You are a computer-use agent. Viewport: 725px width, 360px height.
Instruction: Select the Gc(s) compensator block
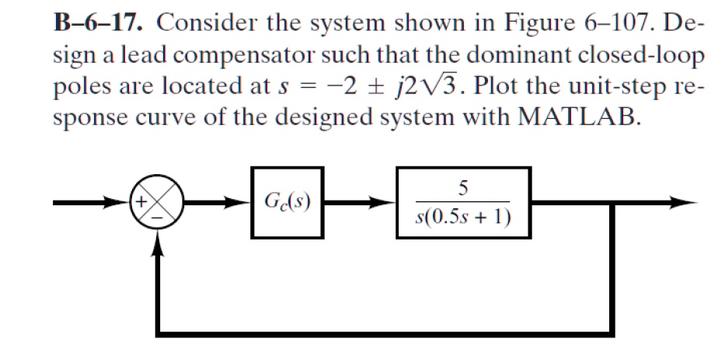(x=288, y=203)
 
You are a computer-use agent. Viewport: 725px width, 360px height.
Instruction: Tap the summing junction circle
(x=160, y=204)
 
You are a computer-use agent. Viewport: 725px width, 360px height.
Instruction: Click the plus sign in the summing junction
(x=145, y=202)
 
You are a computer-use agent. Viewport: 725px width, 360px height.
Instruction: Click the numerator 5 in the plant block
(x=463, y=187)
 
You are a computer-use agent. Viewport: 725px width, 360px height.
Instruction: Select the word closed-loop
(x=645, y=55)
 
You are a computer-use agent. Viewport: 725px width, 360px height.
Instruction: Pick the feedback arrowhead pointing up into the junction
(x=160, y=243)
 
